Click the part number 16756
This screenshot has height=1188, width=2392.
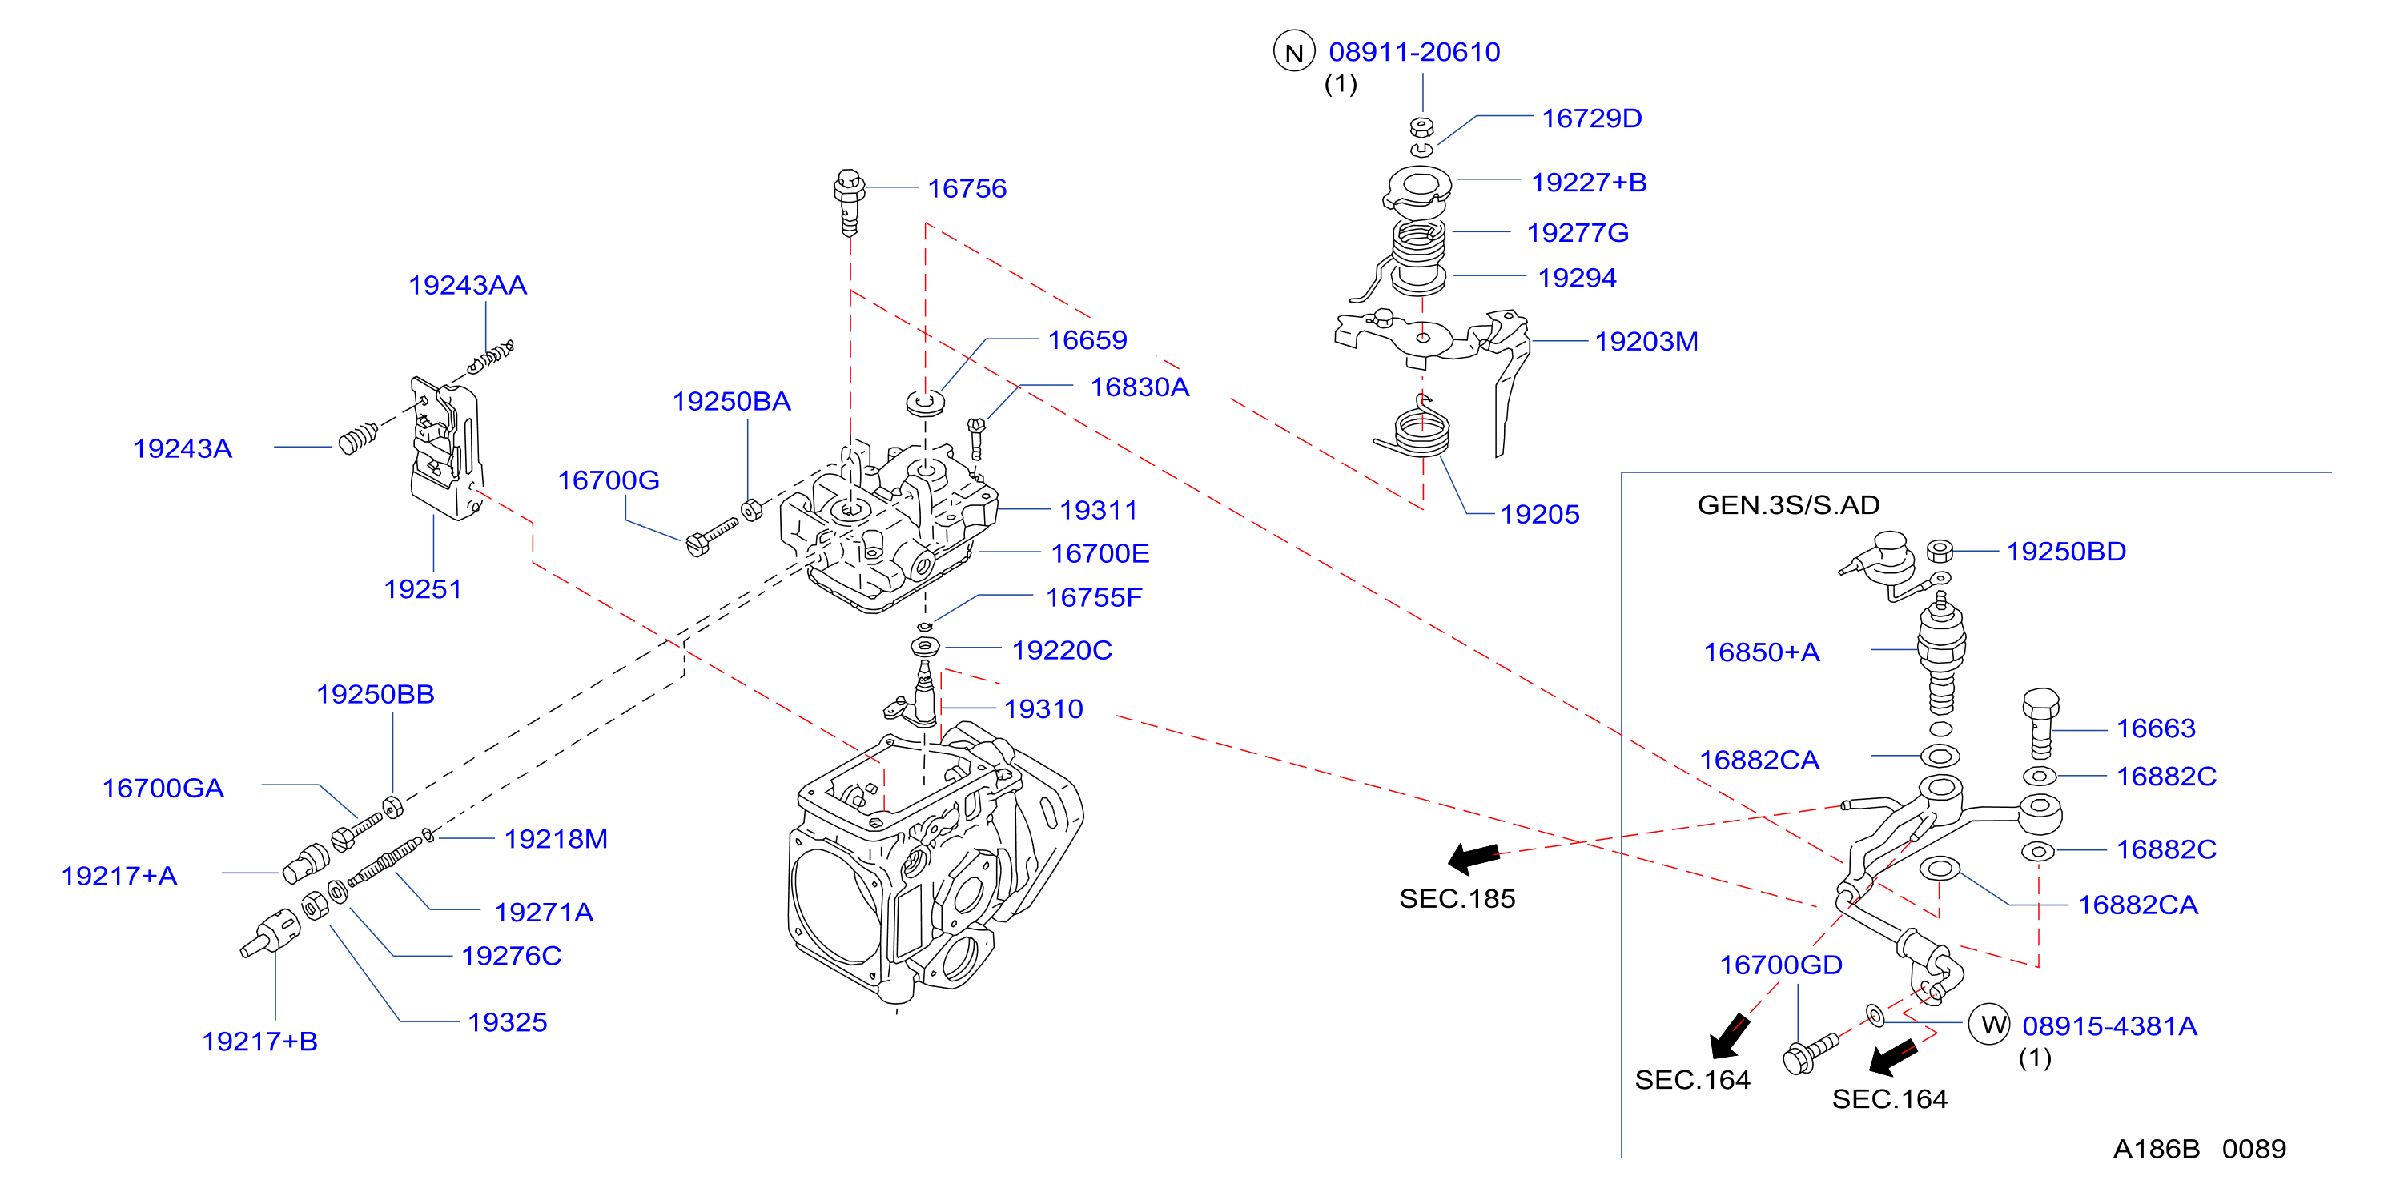[967, 188]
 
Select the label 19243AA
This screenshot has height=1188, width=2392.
[467, 285]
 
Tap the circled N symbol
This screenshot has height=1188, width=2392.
[1293, 53]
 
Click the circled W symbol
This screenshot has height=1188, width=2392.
[1990, 1025]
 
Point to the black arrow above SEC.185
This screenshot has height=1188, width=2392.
[1474, 857]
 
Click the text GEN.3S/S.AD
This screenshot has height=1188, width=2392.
[1788, 505]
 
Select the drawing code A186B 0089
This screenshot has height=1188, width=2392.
[2199, 1149]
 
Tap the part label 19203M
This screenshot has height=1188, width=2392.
[1646, 342]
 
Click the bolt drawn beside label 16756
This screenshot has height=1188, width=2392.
[849, 202]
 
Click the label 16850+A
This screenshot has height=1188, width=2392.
[1762, 652]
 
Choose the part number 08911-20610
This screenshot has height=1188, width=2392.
[1414, 52]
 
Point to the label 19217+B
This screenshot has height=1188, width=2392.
[260, 1042]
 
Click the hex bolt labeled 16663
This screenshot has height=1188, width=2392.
[2040, 723]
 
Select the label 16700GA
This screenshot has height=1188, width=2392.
[163, 788]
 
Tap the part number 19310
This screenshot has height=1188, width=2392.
[1043, 709]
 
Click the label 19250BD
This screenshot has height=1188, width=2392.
[2066, 552]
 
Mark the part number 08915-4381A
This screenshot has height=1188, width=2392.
[2109, 1025]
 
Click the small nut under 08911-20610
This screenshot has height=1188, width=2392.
[1421, 127]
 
